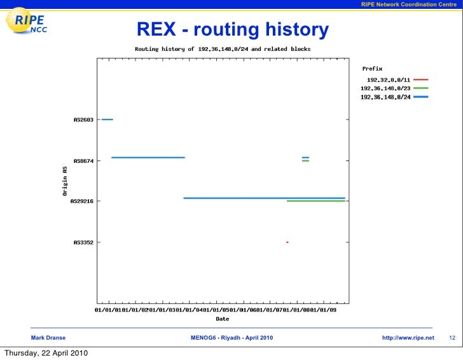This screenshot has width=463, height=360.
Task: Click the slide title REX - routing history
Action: (x=233, y=29)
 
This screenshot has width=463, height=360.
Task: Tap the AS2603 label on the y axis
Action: (x=84, y=120)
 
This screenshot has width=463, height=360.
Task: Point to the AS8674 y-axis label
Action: (x=84, y=162)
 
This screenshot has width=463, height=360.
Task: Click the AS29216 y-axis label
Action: (x=83, y=202)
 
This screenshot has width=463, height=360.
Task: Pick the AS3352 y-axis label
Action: (x=84, y=242)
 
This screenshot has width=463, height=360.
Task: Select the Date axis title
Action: (x=223, y=319)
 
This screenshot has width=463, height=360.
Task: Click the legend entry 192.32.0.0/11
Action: (x=388, y=80)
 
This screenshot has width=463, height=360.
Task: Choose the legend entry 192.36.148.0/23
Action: (x=385, y=88)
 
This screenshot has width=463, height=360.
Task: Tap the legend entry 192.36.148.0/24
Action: (x=385, y=97)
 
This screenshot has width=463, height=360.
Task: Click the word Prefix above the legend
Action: (x=372, y=68)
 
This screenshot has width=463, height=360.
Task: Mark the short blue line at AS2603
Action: (x=107, y=119)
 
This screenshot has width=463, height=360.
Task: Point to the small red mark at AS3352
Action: (x=287, y=242)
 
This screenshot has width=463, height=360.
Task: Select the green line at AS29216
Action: (x=316, y=201)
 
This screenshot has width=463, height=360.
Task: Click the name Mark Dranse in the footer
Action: (x=48, y=337)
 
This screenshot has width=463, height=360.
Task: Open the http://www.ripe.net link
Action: (x=408, y=337)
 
